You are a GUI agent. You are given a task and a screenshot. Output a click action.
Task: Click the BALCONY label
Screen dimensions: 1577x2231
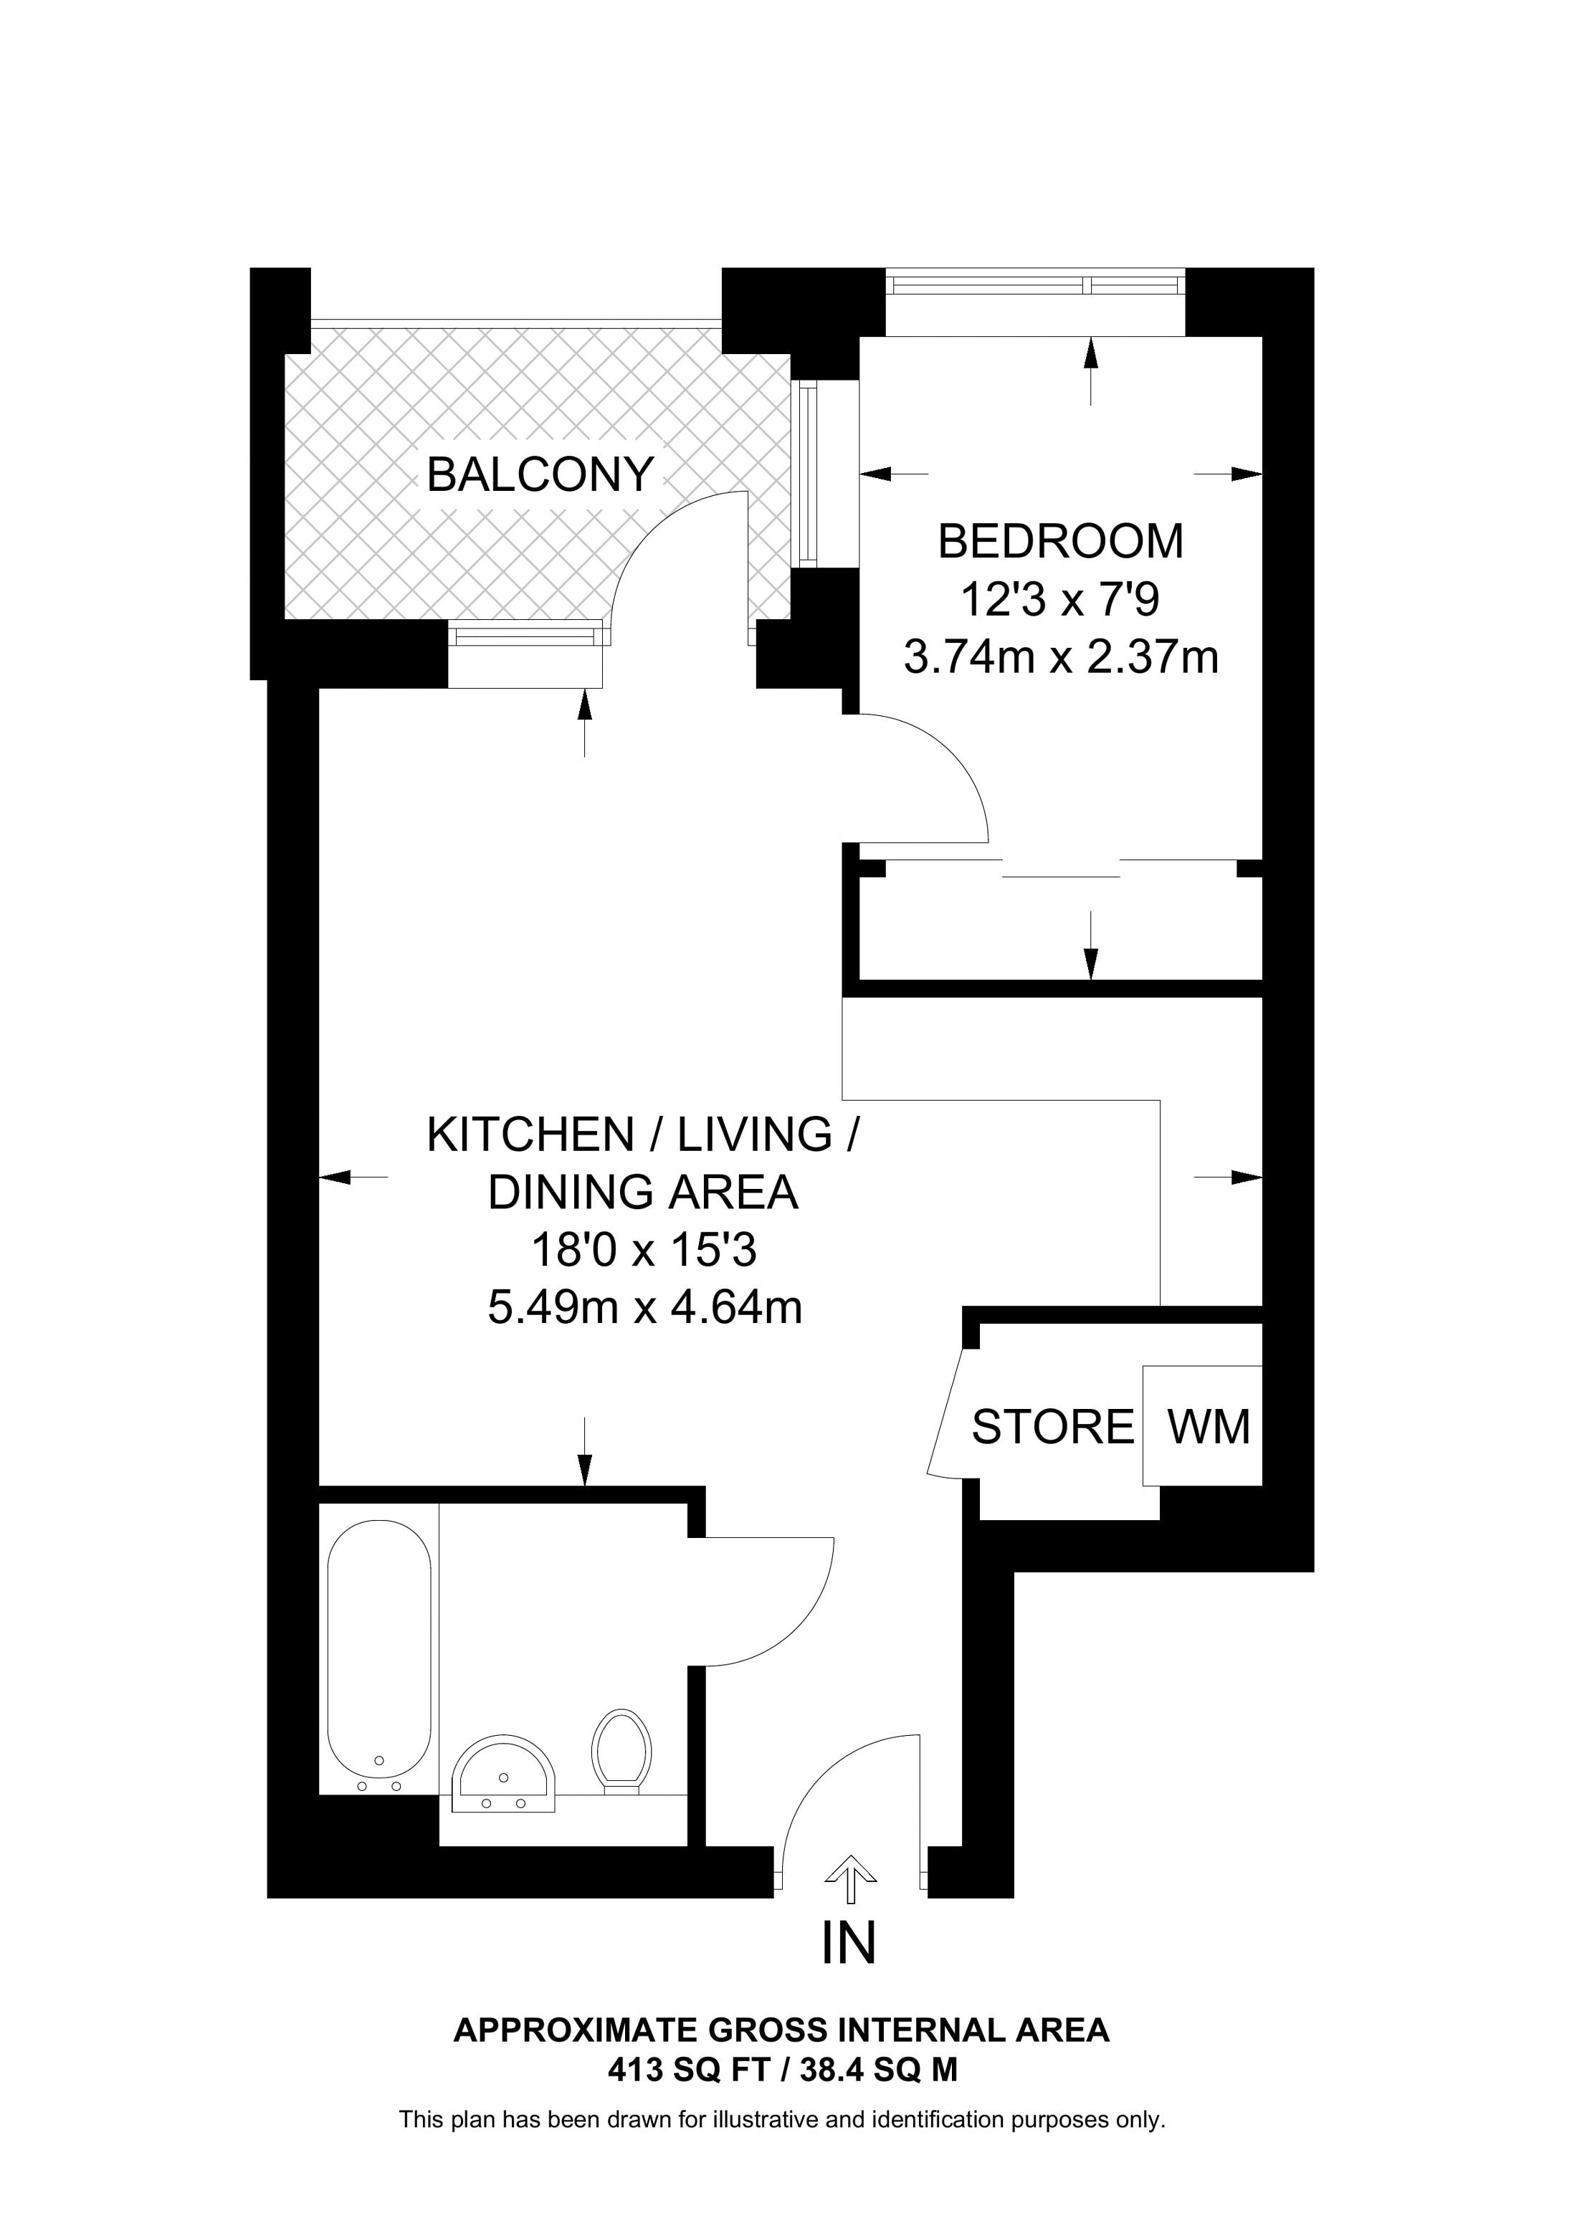[x=540, y=475]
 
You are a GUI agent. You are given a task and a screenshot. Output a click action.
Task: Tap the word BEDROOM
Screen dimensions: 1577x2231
[x=1061, y=543]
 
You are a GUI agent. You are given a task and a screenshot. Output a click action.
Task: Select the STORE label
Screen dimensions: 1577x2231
[x=1053, y=1428]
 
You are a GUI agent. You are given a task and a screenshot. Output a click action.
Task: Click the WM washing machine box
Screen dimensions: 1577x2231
[x=1202, y=1426]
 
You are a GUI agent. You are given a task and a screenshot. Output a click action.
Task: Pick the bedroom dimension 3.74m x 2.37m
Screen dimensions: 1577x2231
[x=1061, y=658]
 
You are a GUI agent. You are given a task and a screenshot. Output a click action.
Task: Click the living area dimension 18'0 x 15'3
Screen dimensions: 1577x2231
[x=643, y=1251]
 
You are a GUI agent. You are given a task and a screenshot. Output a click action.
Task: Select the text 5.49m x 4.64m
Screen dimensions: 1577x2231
[x=645, y=1308]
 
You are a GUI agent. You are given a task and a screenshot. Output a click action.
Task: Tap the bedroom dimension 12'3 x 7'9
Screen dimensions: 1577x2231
[x=1061, y=600]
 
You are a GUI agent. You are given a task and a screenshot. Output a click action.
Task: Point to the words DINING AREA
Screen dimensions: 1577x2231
[x=643, y=1193]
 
